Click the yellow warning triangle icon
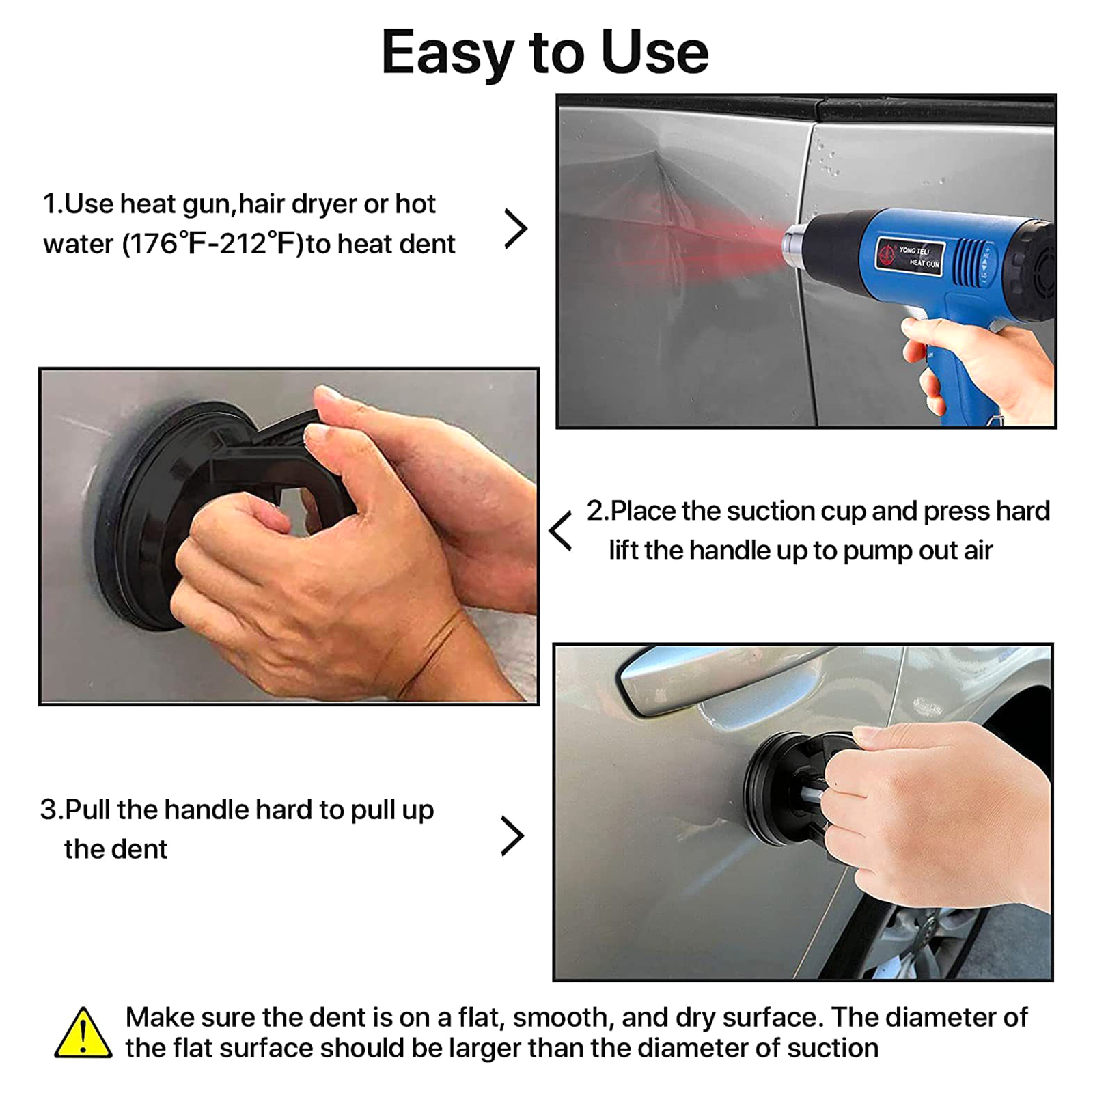(x=83, y=1034)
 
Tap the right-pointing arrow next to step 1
(x=516, y=229)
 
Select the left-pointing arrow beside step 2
(x=560, y=531)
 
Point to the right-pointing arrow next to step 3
(x=512, y=835)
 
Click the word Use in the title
(x=655, y=53)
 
